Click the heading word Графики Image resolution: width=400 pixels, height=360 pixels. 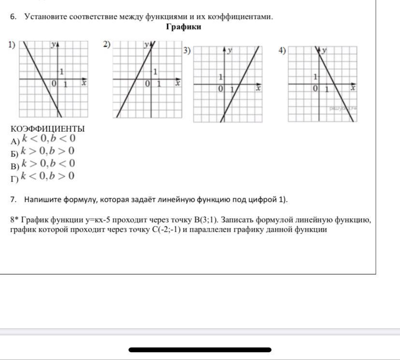pyautogui.click(x=184, y=27)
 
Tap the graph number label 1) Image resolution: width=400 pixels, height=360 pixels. pyautogui.click(x=12, y=45)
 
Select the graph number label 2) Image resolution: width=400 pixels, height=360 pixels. pyautogui.click(x=107, y=44)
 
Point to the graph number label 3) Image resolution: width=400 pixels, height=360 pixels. pyautogui.click(x=186, y=50)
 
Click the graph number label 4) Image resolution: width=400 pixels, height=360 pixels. pyautogui.click(x=282, y=50)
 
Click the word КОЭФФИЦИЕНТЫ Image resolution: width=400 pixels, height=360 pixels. pyautogui.click(x=47, y=129)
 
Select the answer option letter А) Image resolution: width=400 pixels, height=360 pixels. pyautogui.click(x=14, y=141)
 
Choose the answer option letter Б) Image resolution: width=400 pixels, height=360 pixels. pyautogui.click(x=14, y=154)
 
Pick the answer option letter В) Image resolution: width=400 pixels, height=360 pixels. pyautogui.click(x=14, y=166)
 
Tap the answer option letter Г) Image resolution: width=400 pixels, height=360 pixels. pyautogui.click(x=14, y=179)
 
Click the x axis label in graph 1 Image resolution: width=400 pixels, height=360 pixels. pyautogui.click(x=84, y=83)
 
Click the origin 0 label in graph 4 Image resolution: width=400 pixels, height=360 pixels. pyautogui.click(x=314, y=89)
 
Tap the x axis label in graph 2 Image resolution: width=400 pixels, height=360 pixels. pyautogui.click(x=177, y=83)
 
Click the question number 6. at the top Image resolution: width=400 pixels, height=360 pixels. pyautogui.click(x=14, y=17)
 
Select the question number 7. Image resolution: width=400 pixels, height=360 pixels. pyautogui.click(x=14, y=200)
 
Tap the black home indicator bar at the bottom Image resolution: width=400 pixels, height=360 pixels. pyautogui.click(x=200, y=349)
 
